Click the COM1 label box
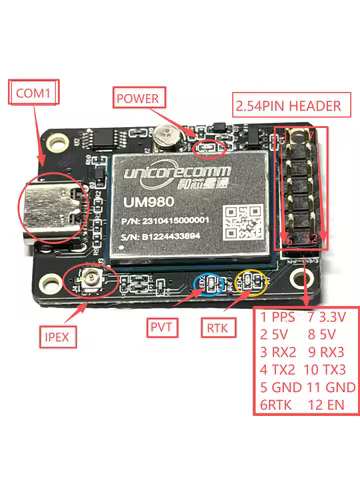click(x=35, y=94)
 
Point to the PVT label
click(x=164, y=327)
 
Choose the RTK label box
click(x=219, y=327)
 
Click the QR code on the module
click(x=240, y=222)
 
